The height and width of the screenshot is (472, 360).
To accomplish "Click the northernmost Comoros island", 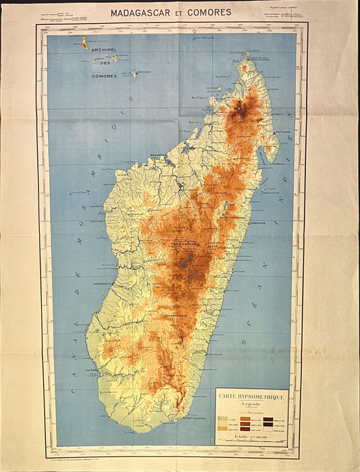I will (84, 42).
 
